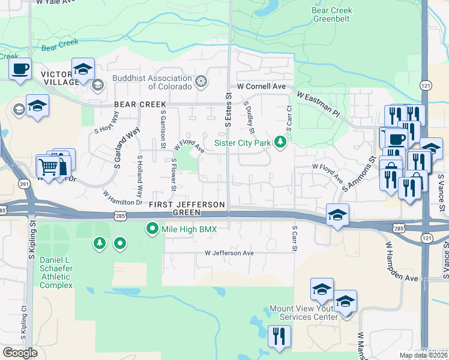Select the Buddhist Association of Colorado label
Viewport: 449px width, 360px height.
coord(153,82)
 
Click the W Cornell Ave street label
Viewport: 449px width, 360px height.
coord(261,86)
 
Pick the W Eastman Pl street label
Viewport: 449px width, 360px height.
coord(318,103)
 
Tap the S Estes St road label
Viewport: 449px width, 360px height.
coord(229,109)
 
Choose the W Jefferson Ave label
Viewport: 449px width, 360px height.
coord(229,253)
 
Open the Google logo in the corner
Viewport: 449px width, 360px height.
coord(20,353)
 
